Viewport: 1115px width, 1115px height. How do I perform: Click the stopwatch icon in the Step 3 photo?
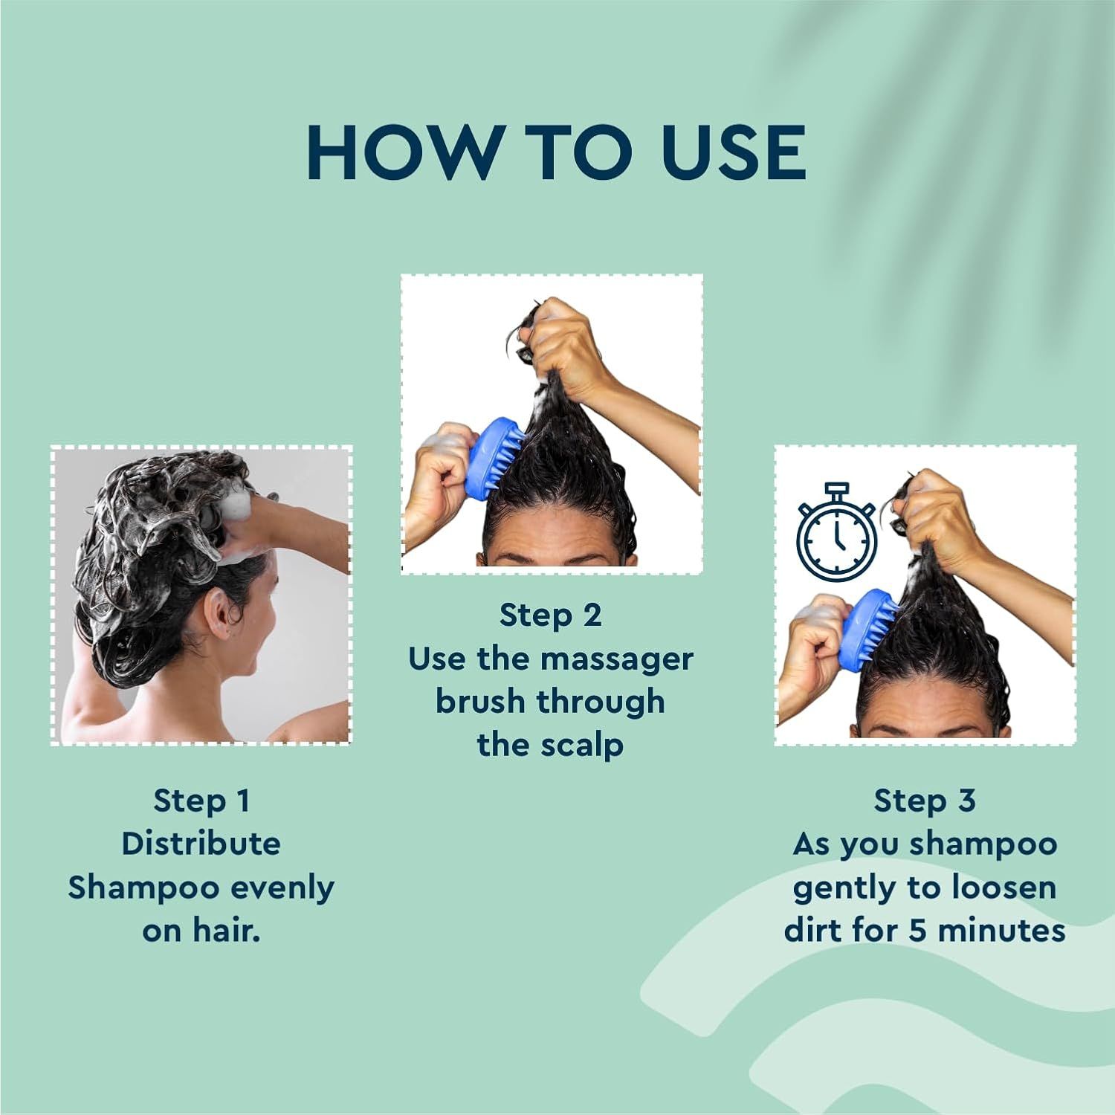(x=837, y=531)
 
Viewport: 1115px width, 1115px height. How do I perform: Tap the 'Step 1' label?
(x=201, y=801)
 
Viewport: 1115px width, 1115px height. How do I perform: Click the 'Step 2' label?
(x=550, y=615)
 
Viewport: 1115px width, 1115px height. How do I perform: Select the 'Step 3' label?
(x=925, y=801)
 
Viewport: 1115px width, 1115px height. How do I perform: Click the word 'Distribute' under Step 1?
(x=201, y=844)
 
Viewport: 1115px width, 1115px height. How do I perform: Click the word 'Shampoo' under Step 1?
(x=143, y=888)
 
